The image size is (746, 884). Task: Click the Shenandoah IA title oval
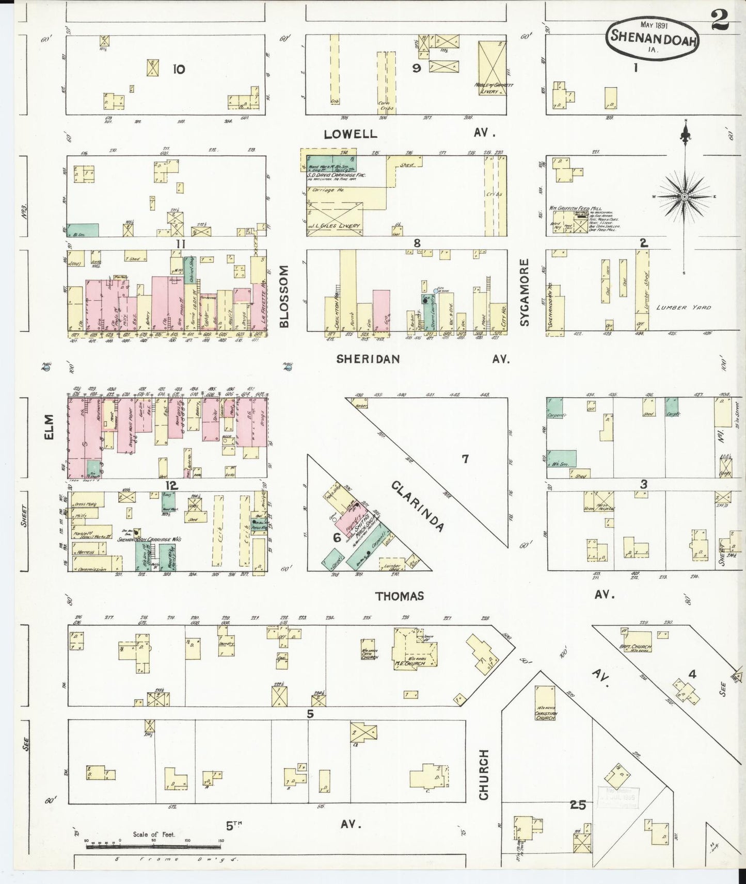(x=654, y=37)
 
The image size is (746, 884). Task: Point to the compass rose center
(x=685, y=197)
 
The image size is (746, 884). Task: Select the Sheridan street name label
(x=368, y=359)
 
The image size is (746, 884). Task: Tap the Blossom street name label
(x=284, y=297)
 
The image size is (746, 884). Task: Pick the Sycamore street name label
(x=525, y=292)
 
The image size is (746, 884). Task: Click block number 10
(x=178, y=69)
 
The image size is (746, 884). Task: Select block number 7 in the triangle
(x=465, y=458)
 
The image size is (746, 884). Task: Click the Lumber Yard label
(x=684, y=307)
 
